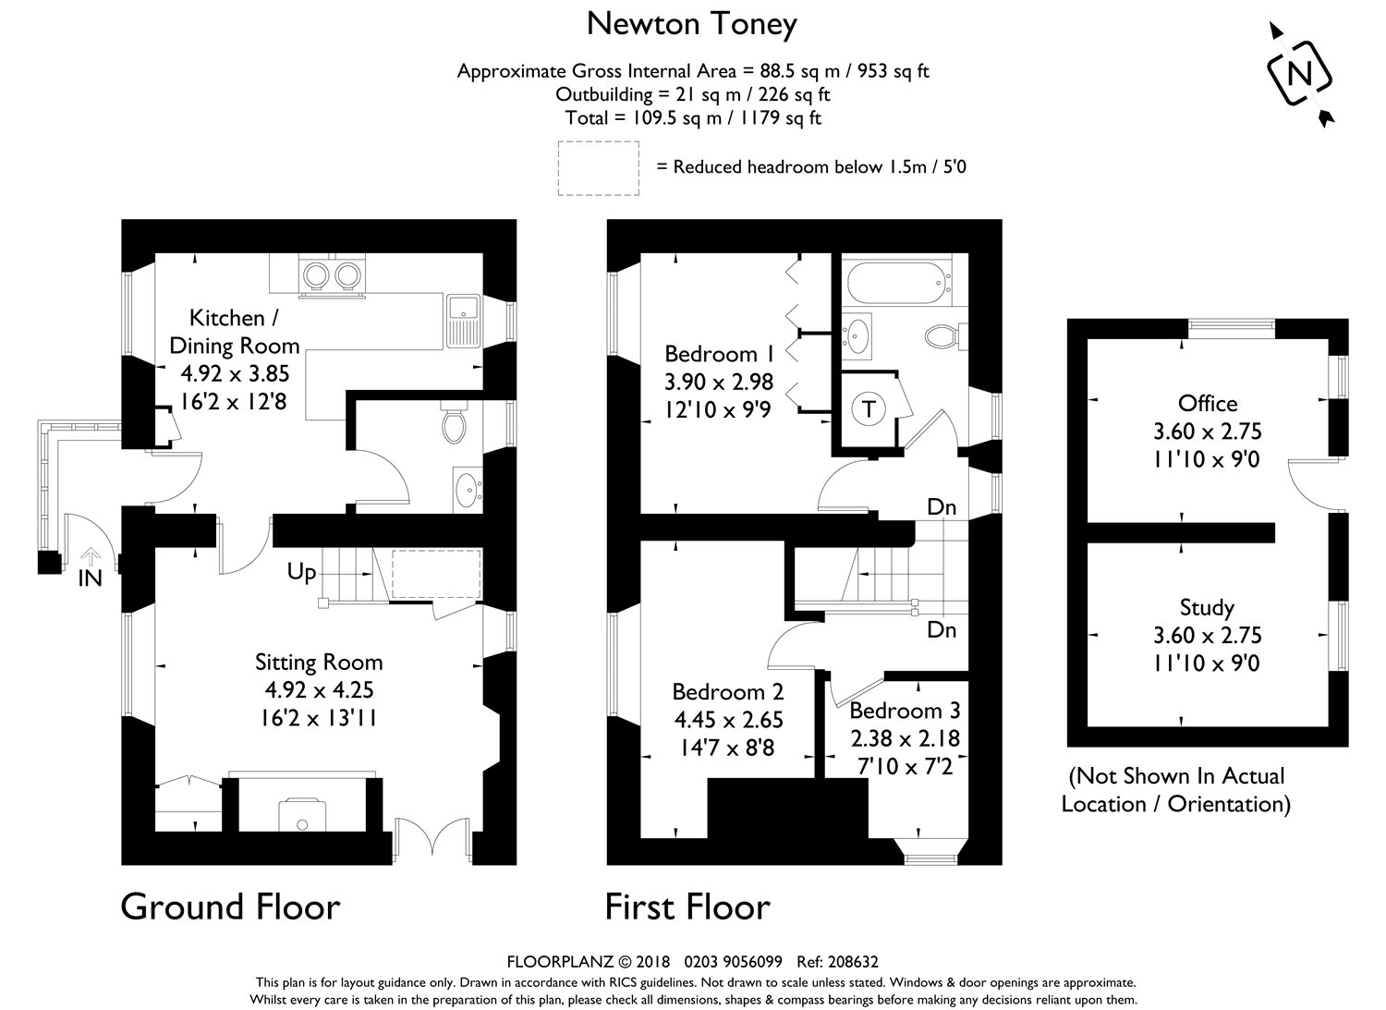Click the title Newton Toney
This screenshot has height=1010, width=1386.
tap(691, 25)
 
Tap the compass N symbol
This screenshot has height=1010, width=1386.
tap(1300, 74)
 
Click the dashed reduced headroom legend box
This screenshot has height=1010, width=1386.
tap(599, 167)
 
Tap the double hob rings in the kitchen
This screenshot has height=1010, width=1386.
tap(332, 274)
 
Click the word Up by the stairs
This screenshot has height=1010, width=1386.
tap(301, 572)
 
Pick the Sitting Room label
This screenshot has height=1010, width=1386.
tap(319, 663)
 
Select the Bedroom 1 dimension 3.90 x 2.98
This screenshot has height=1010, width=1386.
tap(719, 382)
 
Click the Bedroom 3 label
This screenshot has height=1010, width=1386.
tap(905, 711)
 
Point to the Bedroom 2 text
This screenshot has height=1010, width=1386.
tap(727, 692)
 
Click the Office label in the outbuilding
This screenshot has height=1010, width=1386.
tap(1207, 403)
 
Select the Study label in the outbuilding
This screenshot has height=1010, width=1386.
tap(1207, 607)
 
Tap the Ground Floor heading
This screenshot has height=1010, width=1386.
tap(230, 907)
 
